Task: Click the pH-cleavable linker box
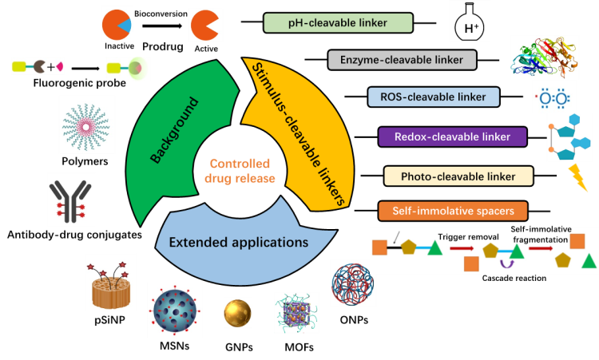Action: [338, 23]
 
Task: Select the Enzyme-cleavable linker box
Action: [402, 60]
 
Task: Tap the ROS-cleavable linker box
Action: [433, 97]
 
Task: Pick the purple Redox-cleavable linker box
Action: [452, 136]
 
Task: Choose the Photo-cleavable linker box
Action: [458, 176]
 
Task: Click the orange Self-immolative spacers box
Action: [453, 211]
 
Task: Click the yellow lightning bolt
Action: [577, 177]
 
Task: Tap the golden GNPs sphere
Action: [238, 314]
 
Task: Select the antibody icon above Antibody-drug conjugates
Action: [70, 201]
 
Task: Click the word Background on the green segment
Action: [175, 130]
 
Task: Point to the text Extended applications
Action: [238, 242]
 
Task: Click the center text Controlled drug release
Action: [240, 171]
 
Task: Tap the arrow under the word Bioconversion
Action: [162, 26]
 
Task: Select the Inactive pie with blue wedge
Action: [117, 25]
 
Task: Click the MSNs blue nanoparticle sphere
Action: [175, 310]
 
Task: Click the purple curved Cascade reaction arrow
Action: [506, 263]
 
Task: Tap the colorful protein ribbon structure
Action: [543, 57]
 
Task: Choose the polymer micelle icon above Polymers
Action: [86, 127]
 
